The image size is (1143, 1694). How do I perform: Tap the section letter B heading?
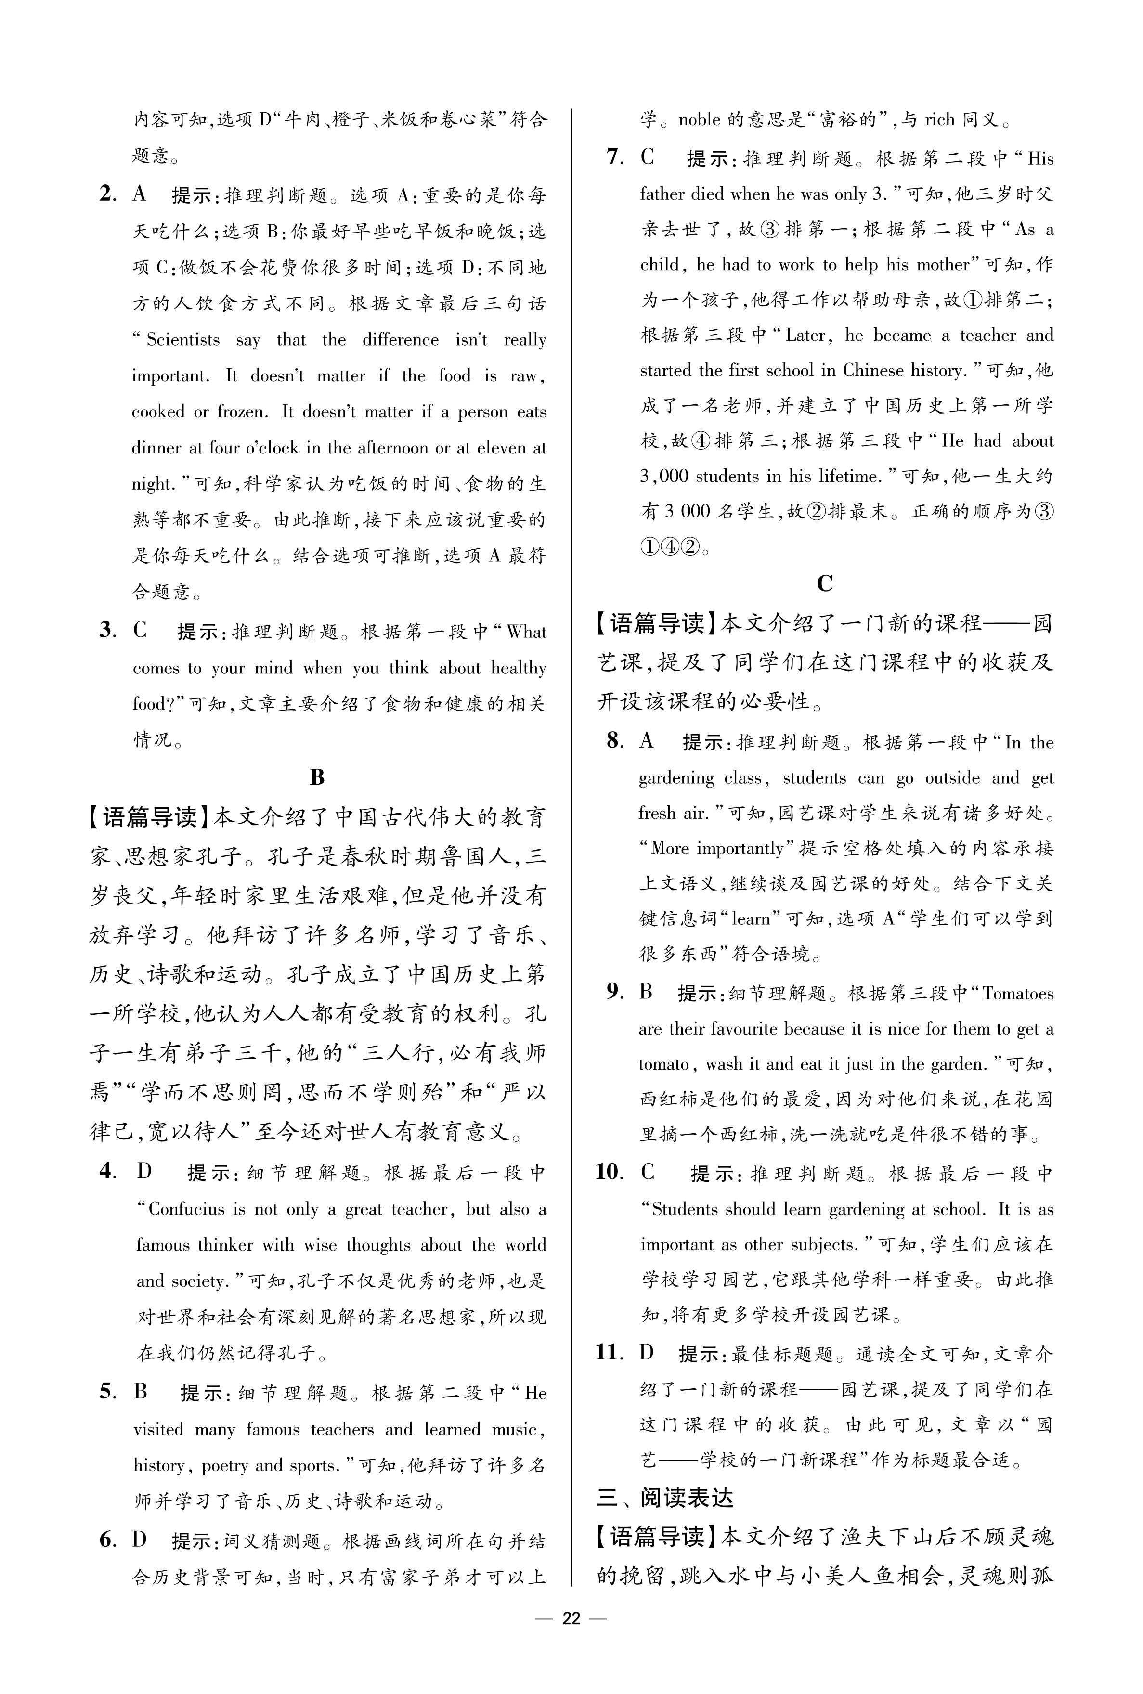click(317, 777)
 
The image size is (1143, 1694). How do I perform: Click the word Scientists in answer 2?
click(182, 340)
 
